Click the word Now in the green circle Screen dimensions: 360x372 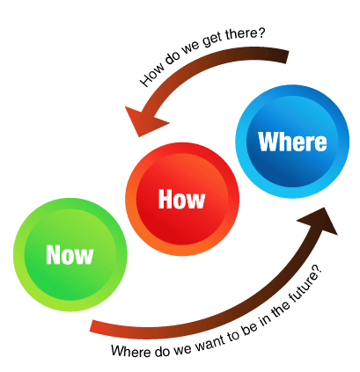[70, 255]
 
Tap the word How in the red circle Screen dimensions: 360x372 [181, 200]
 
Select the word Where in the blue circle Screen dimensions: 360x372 [292, 142]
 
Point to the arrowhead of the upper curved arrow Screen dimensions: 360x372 [143, 120]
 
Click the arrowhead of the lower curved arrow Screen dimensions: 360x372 [320, 220]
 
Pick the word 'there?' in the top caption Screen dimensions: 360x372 [245, 36]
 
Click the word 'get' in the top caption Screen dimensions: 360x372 [212, 43]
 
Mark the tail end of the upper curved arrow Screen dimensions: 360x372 [286, 56]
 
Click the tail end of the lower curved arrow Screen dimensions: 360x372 [92, 326]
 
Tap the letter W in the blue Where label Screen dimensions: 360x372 [268, 142]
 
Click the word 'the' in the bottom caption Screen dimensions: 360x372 [280, 309]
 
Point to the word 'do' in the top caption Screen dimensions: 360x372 [172, 59]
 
